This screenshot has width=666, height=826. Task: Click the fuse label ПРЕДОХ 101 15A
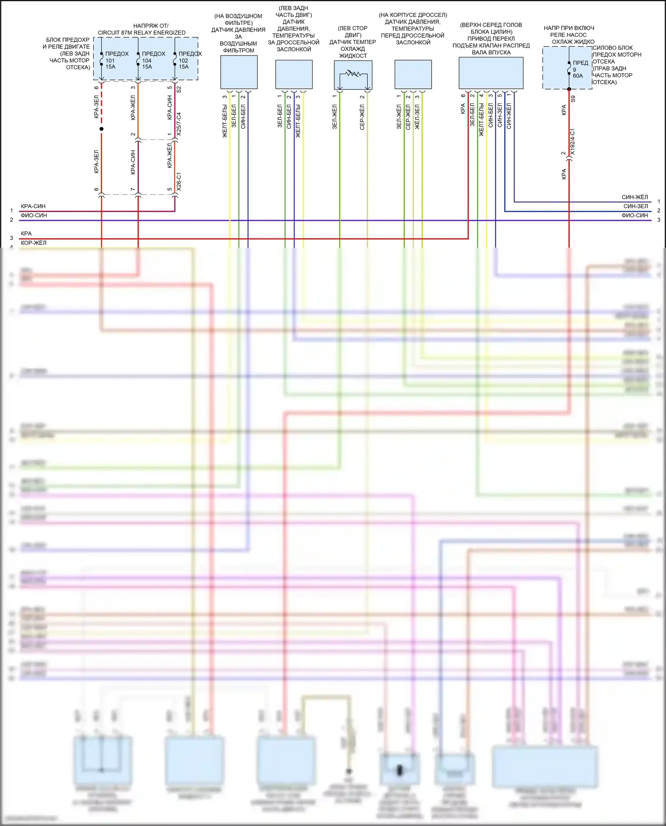pyautogui.click(x=116, y=60)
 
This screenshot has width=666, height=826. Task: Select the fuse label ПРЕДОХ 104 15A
pyautogui.click(x=153, y=60)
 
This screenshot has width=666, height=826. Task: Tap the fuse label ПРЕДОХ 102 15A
pyautogui.click(x=190, y=60)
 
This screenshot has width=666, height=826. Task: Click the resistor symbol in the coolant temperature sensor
pyautogui.click(x=353, y=73)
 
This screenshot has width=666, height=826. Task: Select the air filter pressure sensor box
pyautogui.click(x=239, y=72)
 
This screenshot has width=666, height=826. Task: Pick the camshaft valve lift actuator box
pyautogui.click(x=491, y=73)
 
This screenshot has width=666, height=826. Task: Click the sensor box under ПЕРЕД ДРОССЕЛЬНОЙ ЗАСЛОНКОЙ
pyautogui.click(x=413, y=74)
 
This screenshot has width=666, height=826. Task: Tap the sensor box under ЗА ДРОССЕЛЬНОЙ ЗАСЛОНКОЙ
pyautogui.click(x=293, y=74)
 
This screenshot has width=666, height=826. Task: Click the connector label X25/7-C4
pyautogui.click(x=178, y=124)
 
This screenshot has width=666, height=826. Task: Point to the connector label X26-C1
pyautogui.click(x=178, y=182)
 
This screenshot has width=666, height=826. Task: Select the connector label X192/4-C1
pyautogui.click(x=572, y=142)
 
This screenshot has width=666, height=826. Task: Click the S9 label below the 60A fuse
pyautogui.click(x=573, y=99)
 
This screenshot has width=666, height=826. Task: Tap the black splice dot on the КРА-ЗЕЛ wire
pyautogui.click(x=101, y=129)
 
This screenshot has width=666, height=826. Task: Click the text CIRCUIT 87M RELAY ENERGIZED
pyautogui.click(x=142, y=33)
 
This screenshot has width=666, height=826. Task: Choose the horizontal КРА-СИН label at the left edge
pyautogui.click(x=33, y=206)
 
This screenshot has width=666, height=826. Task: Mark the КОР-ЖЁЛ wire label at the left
pyautogui.click(x=33, y=243)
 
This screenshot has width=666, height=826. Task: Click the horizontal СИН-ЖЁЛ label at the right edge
pyautogui.click(x=634, y=197)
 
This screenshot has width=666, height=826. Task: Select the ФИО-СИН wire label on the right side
pyautogui.click(x=634, y=215)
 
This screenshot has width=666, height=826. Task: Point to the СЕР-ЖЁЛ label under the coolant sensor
pyautogui.click(x=362, y=117)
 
